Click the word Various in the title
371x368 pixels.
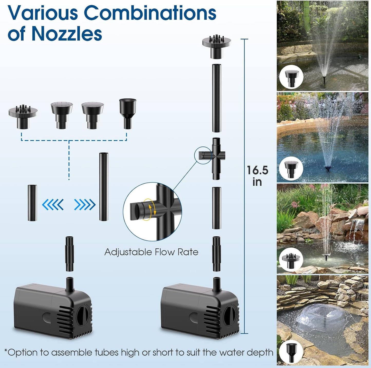pyautogui.click(x=42, y=13)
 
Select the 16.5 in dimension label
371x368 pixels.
pyautogui.click(x=257, y=176)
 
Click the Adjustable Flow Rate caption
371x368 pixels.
pyautogui.click(x=151, y=252)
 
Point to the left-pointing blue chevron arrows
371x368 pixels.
pyautogui.click(x=53, y=205)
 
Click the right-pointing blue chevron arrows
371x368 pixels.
pyautogui.click(x=85, y=205)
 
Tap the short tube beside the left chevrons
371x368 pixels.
pyautogui.click(x=32, y=203)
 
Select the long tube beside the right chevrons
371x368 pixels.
pyautogui.click(x=104, y=186)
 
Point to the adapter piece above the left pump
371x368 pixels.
pyautogui.click(x=69, y=254)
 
